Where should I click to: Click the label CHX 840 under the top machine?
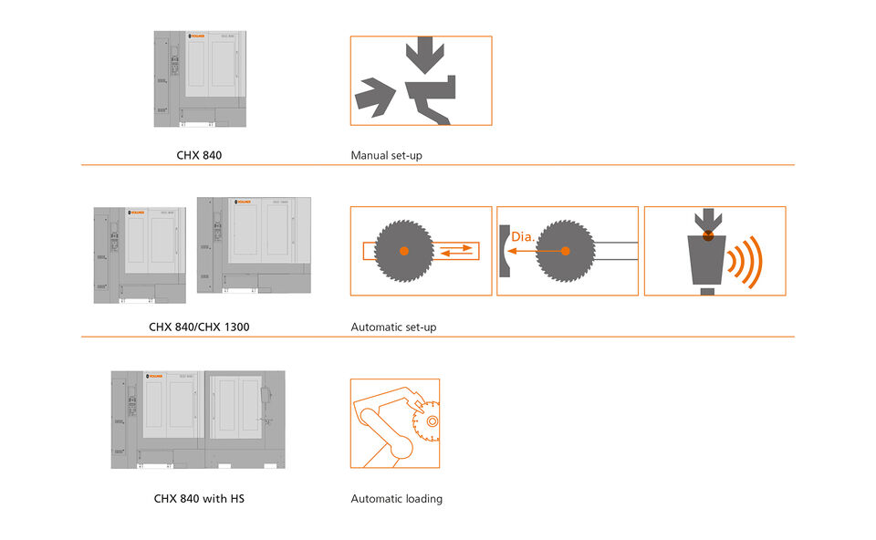pyautogui.click(x=199, y=155)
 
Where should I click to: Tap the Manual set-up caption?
pyautogui.click(x=386, y=155)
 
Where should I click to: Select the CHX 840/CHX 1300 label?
pyautogui.click(x=199, y=327)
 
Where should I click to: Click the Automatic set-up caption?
pyautogui.click(x=393, y=327)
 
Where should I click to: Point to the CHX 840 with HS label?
pyautogui.click(x=199, y=499)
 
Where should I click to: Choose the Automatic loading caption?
pyautogui.click(x=396, y=499)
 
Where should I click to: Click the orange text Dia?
pyautogui.click(x=522, y=237)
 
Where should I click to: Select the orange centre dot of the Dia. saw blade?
pyautogui.click(x=565, y=251)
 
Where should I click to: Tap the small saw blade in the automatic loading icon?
pyautogui.click(x=425, y=421)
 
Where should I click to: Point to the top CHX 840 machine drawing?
pyautogui.click(x=199, y=79)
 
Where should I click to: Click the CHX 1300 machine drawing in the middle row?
pyautogui.click(x=254, y=245)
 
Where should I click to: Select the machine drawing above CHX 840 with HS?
pyautogui.click(x=198, y=420)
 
